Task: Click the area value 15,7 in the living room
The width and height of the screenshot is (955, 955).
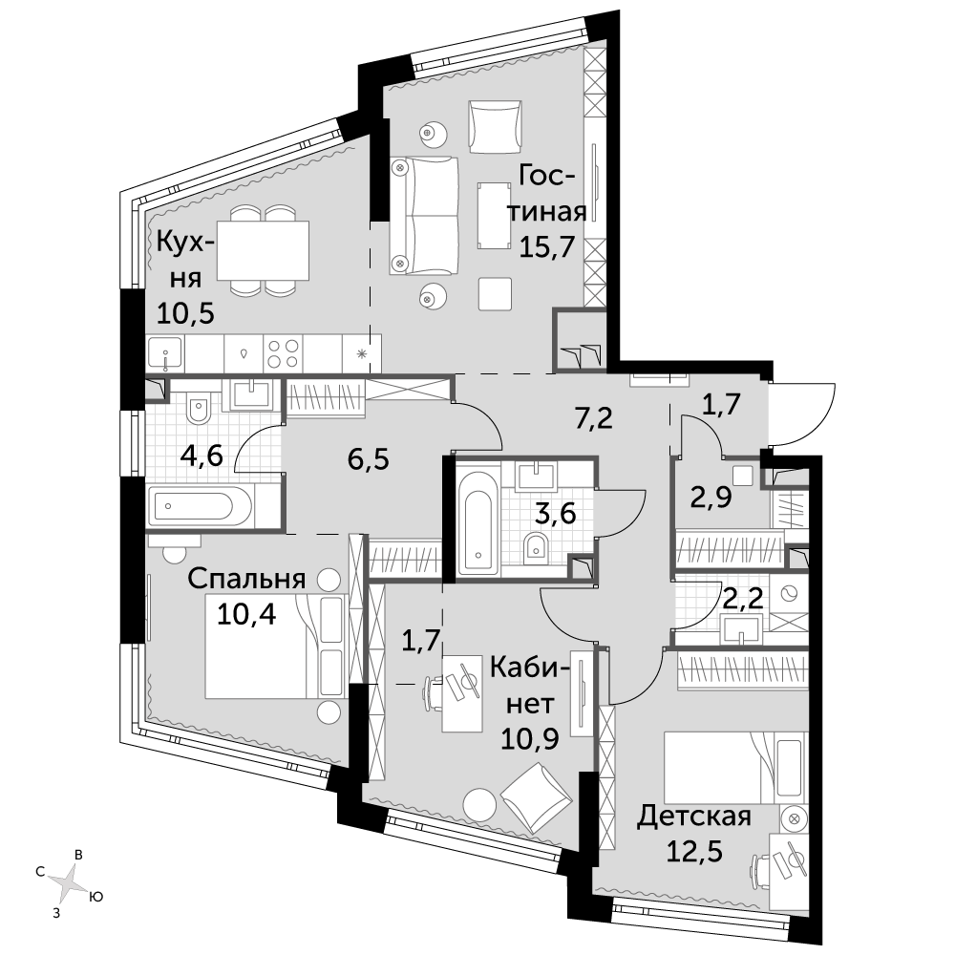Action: tap(546, 246)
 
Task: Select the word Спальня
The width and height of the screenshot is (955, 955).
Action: tap(246, 579)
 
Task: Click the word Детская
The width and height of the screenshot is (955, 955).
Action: tap(693, 817)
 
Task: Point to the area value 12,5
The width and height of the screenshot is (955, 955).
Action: tap(694, 851)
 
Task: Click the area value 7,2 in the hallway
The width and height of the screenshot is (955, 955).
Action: tap(594, 418)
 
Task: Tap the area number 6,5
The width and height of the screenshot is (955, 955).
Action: tap(368, 459)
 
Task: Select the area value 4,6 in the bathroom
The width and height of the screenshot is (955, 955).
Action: tap(202, 455)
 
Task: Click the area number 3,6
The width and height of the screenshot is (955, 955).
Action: tap(555, 514)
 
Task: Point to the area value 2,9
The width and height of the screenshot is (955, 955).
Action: tap(711, 498)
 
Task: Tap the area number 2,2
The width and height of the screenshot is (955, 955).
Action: tap(742, 599)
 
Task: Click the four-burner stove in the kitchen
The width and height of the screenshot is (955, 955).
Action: tap(284, 353)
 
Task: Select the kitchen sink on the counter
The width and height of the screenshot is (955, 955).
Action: tap(165, 353)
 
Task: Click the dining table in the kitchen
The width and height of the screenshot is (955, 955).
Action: tap(264, 249)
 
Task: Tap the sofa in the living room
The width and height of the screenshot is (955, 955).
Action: tap(424, 214)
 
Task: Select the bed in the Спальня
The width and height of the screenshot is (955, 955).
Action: tap(276, 647)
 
